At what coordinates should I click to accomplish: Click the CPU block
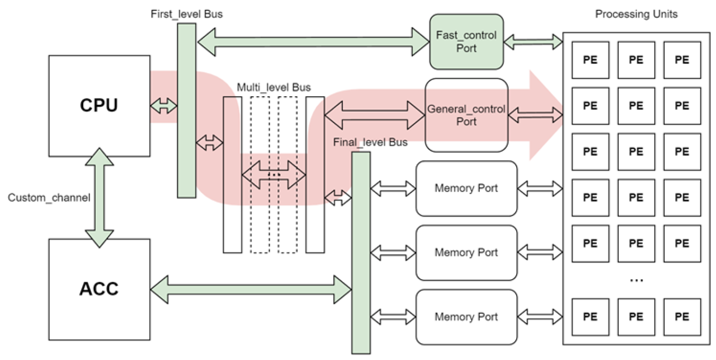(99, 106)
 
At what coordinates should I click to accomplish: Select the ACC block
(99, 289)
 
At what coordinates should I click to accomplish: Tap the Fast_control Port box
(466, 42)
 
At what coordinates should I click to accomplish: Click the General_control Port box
(466, 115)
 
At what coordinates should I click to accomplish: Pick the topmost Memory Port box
(466, 188)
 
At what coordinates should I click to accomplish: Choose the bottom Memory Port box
(466, 317)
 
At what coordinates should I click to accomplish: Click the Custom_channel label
(49, 198)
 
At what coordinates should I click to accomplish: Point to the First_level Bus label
(187, 14)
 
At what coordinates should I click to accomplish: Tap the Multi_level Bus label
(274, 87)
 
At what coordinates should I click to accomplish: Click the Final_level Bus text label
(370, 143)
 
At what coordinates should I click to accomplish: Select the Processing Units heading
(636, 14)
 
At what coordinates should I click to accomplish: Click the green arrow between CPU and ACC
(99, 198)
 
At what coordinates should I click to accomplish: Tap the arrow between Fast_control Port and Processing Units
(533, 42)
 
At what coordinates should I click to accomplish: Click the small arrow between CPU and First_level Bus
(163, 106)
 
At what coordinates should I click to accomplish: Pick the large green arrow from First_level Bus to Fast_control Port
(313, 42)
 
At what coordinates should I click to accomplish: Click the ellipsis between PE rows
(636, 281)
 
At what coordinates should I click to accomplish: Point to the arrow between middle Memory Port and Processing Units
(540, 252)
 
